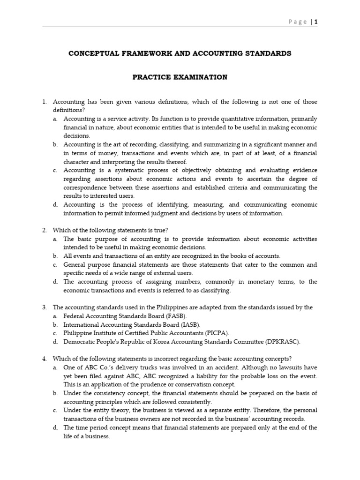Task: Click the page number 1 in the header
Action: tap(316, 22)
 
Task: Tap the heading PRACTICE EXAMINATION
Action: tap(180, 77)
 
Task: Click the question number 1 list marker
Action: tap(45, 102)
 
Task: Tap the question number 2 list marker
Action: tap(45, 230)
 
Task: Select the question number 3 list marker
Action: tap(45, 307)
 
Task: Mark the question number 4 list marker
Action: tap(45, 359)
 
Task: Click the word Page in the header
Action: tap(298, 22)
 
